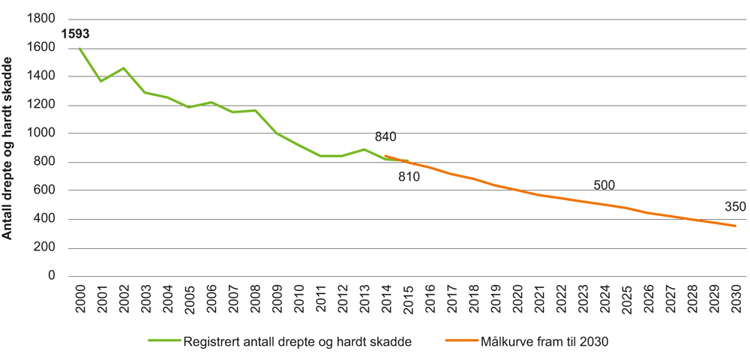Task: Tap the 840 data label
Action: tap(385, 136)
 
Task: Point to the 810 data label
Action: tap(409, 177)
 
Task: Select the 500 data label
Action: tap(604, 185)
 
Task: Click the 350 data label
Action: tap(735, 207)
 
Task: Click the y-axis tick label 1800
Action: tap(41, 19)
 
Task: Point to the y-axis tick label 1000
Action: tap(41, 133)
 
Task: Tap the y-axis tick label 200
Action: tap(45, 247)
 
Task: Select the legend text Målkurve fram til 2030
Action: tap(544, 342)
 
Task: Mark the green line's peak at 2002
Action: tap(123, 68)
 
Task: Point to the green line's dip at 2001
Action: tap(101, 81)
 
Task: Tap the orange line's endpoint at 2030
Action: tap(735, 226)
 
